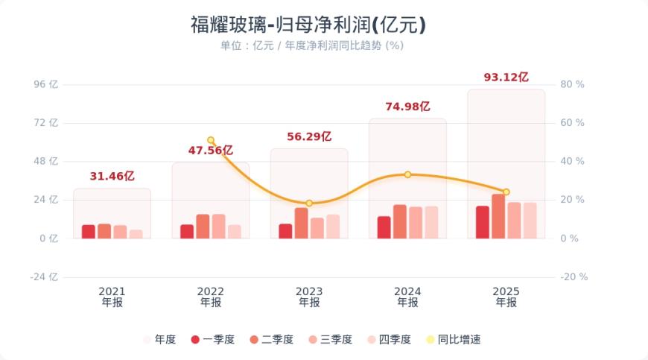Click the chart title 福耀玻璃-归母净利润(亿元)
pos(308,25)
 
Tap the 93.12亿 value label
pos(506,77)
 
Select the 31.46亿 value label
pos(112,177)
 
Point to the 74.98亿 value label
pos(407,107)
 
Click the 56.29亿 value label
pos(309,136)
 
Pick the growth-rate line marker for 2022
pos(211,140)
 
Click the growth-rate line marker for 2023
pos(309,203)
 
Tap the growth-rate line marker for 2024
pos(407,174)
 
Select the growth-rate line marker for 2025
pos(506,192)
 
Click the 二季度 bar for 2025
pos(498,216)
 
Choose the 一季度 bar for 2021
pos(89,231)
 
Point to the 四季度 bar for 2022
pos(234,231)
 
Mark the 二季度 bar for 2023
pos(301,223)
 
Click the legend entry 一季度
pos(213,340)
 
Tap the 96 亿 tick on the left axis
pos(46,84)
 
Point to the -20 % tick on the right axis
pos(574,277)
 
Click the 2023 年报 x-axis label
pos(309,297)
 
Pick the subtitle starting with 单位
pos(311,45)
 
